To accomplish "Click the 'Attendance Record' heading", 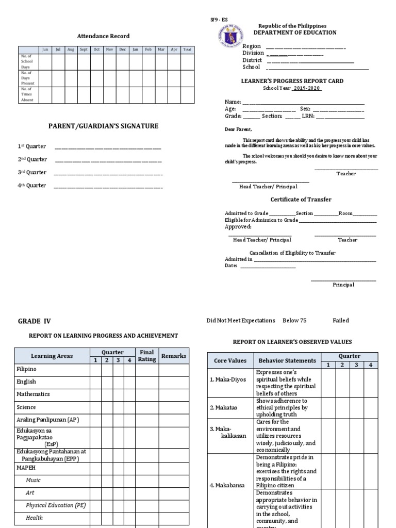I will pyautogui.click(x=103, y=36).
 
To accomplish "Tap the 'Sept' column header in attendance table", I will pyautogui.click(x=84, y=49).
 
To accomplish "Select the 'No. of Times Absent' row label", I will pyautogui.click(x=27, y=94).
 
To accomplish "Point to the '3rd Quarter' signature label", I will pyautogui.click(x=32, y=172).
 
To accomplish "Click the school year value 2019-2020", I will pyautogui.click(x=307, y=88).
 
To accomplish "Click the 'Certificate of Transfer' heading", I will pyautogui.click(x=301, y=200).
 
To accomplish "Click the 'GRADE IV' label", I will pyautogui.click(x=35, y=321).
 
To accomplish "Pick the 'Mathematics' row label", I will pyautogui.click(x=33, y=394).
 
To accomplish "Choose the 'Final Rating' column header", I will pyautogui.click(x=147, y=356).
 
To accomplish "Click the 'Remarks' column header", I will pyautogui.click(x=174, y=356).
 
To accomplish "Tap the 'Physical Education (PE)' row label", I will pyautogui.click(x=56, y=505).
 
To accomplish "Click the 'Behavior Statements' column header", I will pyautogui.click(x=287, y=360).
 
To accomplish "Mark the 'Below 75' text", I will pyautogui.click(x=294, y=321).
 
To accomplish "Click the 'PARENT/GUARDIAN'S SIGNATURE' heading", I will pyautogui.click(x=103, y=126).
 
